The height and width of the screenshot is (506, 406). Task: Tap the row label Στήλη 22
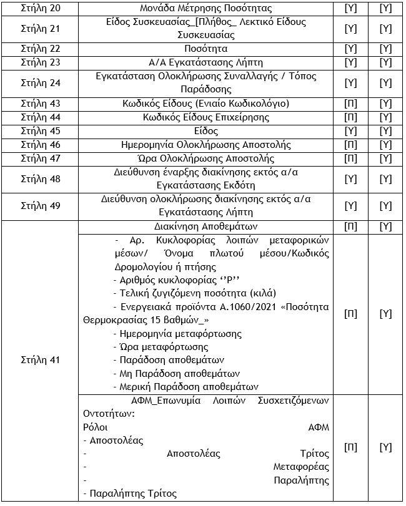click(x=41, y=48)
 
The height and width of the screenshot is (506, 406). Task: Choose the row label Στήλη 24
click(x=41, y=82)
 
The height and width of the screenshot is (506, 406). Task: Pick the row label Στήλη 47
click(x=41, y=158)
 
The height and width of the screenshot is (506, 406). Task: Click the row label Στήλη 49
click(x=41, y=205)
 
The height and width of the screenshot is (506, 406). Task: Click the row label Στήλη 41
click(x=41, y=360)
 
